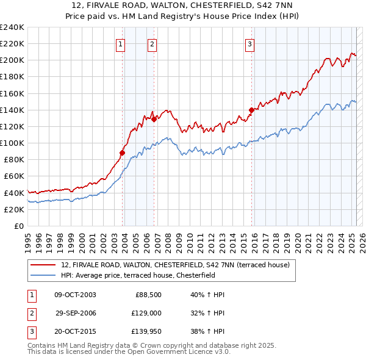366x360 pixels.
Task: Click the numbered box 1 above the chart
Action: (x=120, y=43)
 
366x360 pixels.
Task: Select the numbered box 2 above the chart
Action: (x=151, y=43)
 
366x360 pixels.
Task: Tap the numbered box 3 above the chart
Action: (x=250, y=43)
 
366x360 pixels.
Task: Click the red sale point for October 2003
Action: (x=123, y=153)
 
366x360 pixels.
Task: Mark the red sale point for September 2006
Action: (x=154, y=120)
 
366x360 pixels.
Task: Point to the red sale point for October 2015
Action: (x=252, y=110)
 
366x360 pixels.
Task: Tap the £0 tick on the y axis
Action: (x=18, y=226)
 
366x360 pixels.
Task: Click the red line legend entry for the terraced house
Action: (x=176, y=265)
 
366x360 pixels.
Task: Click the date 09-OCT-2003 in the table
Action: (x=75, y=295)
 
